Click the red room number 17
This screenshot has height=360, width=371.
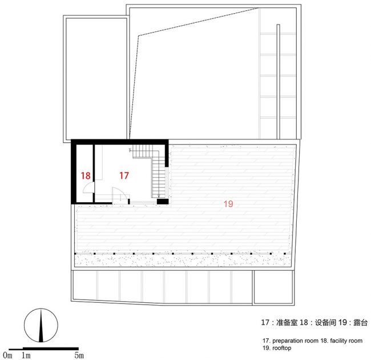coord(124,175)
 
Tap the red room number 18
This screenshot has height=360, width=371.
coord(86,176)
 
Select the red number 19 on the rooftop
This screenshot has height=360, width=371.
coord(228,204)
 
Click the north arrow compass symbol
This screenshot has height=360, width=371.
coord(41,325)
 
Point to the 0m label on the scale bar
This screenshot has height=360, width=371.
coord(7,355)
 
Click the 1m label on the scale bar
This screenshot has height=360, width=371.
coord(26,355)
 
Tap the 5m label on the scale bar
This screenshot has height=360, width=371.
coord(79,355)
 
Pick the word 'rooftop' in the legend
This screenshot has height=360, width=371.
coord(282,348)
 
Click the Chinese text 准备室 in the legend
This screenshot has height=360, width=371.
coord(287,323)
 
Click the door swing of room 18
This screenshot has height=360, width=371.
coord(88,187)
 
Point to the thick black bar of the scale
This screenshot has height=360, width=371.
coord(51,349)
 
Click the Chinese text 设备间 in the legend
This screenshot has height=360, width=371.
coord(325,323)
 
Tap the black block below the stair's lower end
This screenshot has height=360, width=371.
coord(163,201)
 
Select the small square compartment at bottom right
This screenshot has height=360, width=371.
coord(273,287)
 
